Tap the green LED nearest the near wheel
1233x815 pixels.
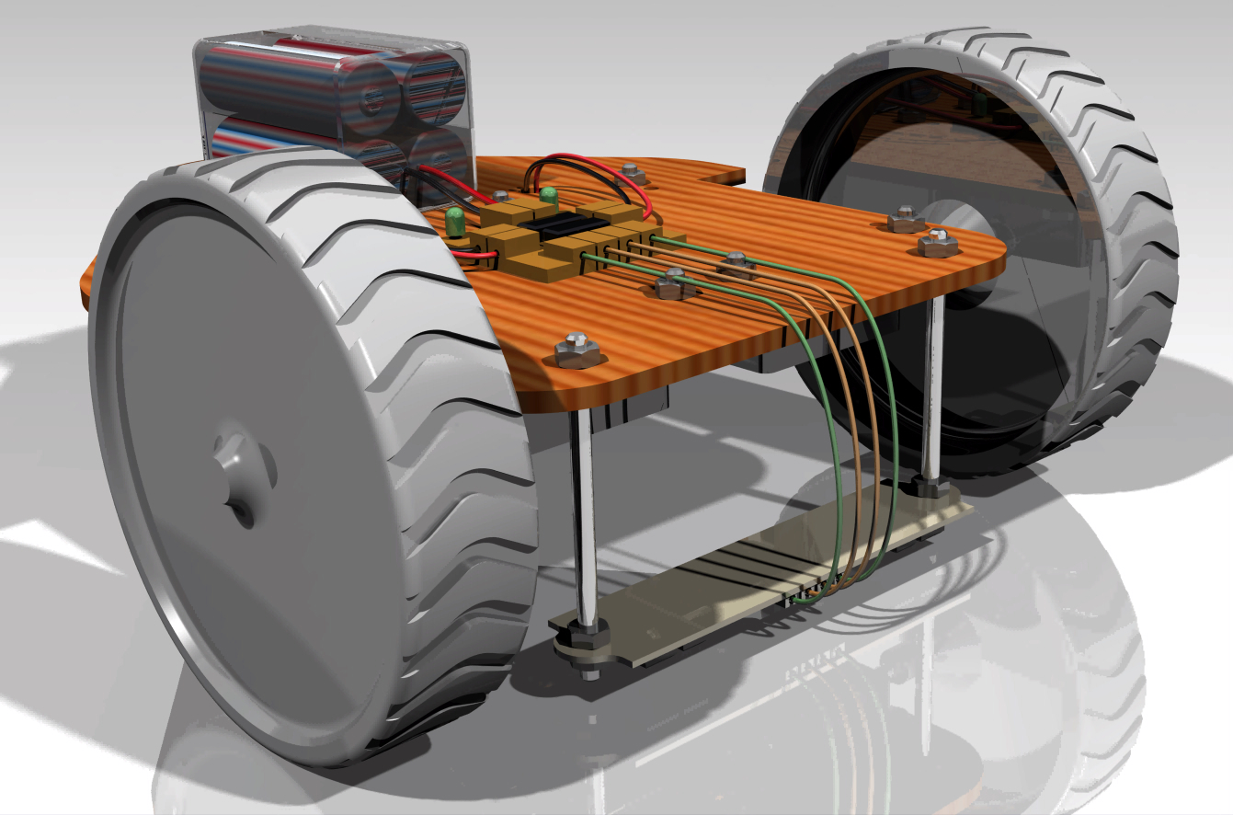(454, 221)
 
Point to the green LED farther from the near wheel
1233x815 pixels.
(548, 195)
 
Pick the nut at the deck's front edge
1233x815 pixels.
(577, 350)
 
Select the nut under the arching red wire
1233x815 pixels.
(631, 171)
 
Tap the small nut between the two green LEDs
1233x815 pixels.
(500, 196)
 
